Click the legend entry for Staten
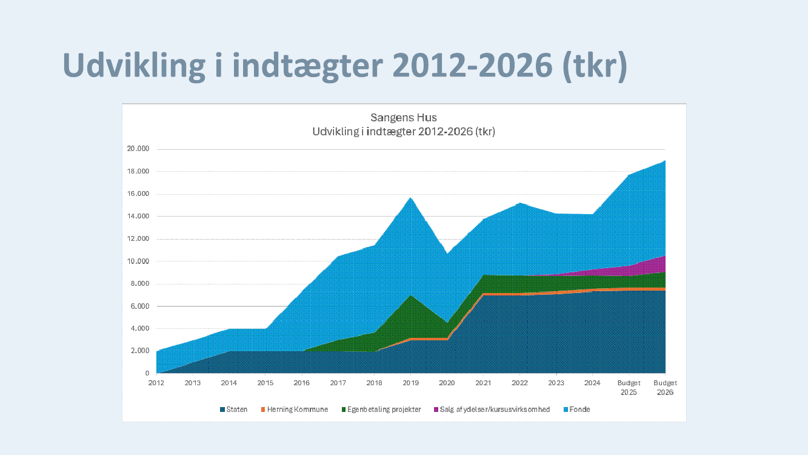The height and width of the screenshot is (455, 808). tap(234, 409)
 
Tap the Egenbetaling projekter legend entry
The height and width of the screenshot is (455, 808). tap(381, 409)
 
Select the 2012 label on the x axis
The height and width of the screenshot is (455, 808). tap(156, 383)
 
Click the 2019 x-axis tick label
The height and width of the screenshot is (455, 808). tap(411, 383)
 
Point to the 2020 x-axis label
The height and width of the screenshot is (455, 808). tap(447, 383)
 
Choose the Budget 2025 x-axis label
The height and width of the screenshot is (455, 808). tap(629, 388)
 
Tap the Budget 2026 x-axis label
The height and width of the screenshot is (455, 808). tap(665, 388)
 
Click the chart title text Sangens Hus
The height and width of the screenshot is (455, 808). tap(403, 118)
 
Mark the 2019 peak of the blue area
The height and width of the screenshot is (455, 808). tap(411, 198)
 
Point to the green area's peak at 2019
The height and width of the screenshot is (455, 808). tap(411, 296)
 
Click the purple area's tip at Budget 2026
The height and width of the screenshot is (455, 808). tap(664, 257)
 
